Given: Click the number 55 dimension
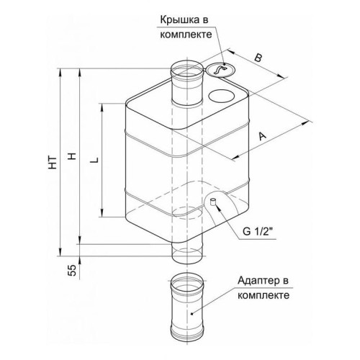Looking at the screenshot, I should click(x=69, y=269).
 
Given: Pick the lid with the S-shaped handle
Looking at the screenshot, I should click(x=217, y=70).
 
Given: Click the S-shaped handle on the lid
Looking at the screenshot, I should click(x=217, y=69).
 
